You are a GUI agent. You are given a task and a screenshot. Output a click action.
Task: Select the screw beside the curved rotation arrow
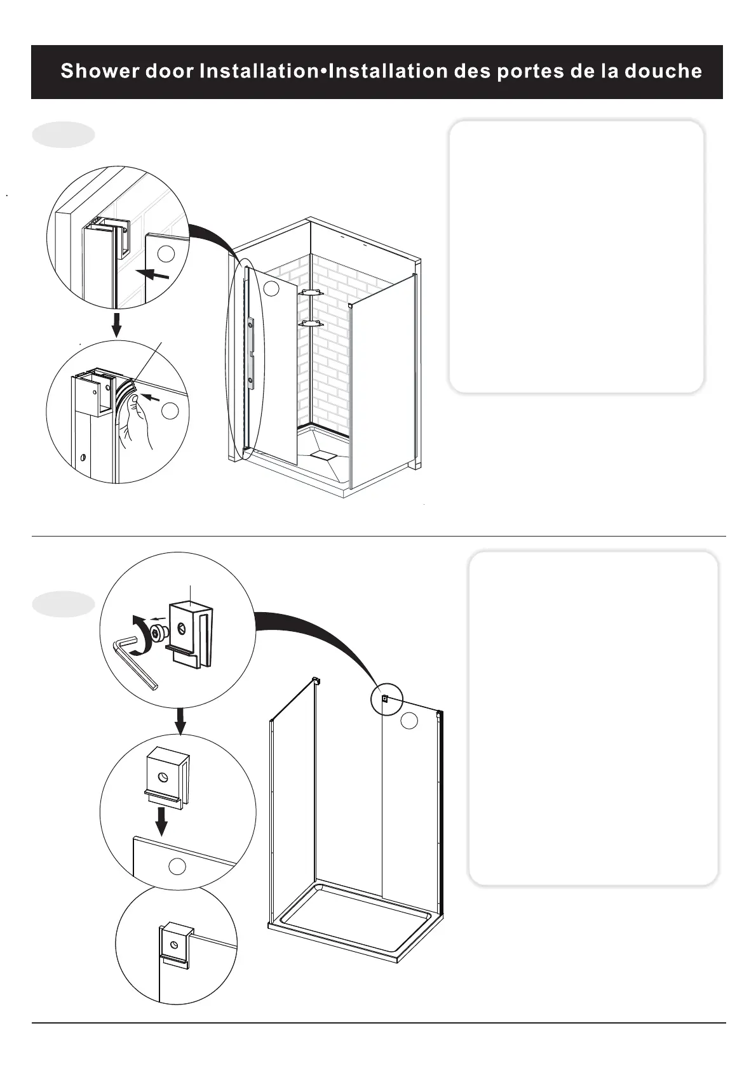click(159, 632)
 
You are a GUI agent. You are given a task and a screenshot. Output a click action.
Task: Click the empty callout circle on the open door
click(271, 288)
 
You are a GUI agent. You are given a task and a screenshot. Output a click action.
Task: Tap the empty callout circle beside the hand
click(170, 411)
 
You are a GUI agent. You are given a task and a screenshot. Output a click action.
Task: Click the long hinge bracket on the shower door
click(252, 352)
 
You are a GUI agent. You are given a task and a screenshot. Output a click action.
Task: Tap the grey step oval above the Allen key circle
click(64, 604)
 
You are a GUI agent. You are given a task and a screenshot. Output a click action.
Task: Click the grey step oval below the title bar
click(64, 135)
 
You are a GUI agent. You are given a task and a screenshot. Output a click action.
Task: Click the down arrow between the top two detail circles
click(116, 324)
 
